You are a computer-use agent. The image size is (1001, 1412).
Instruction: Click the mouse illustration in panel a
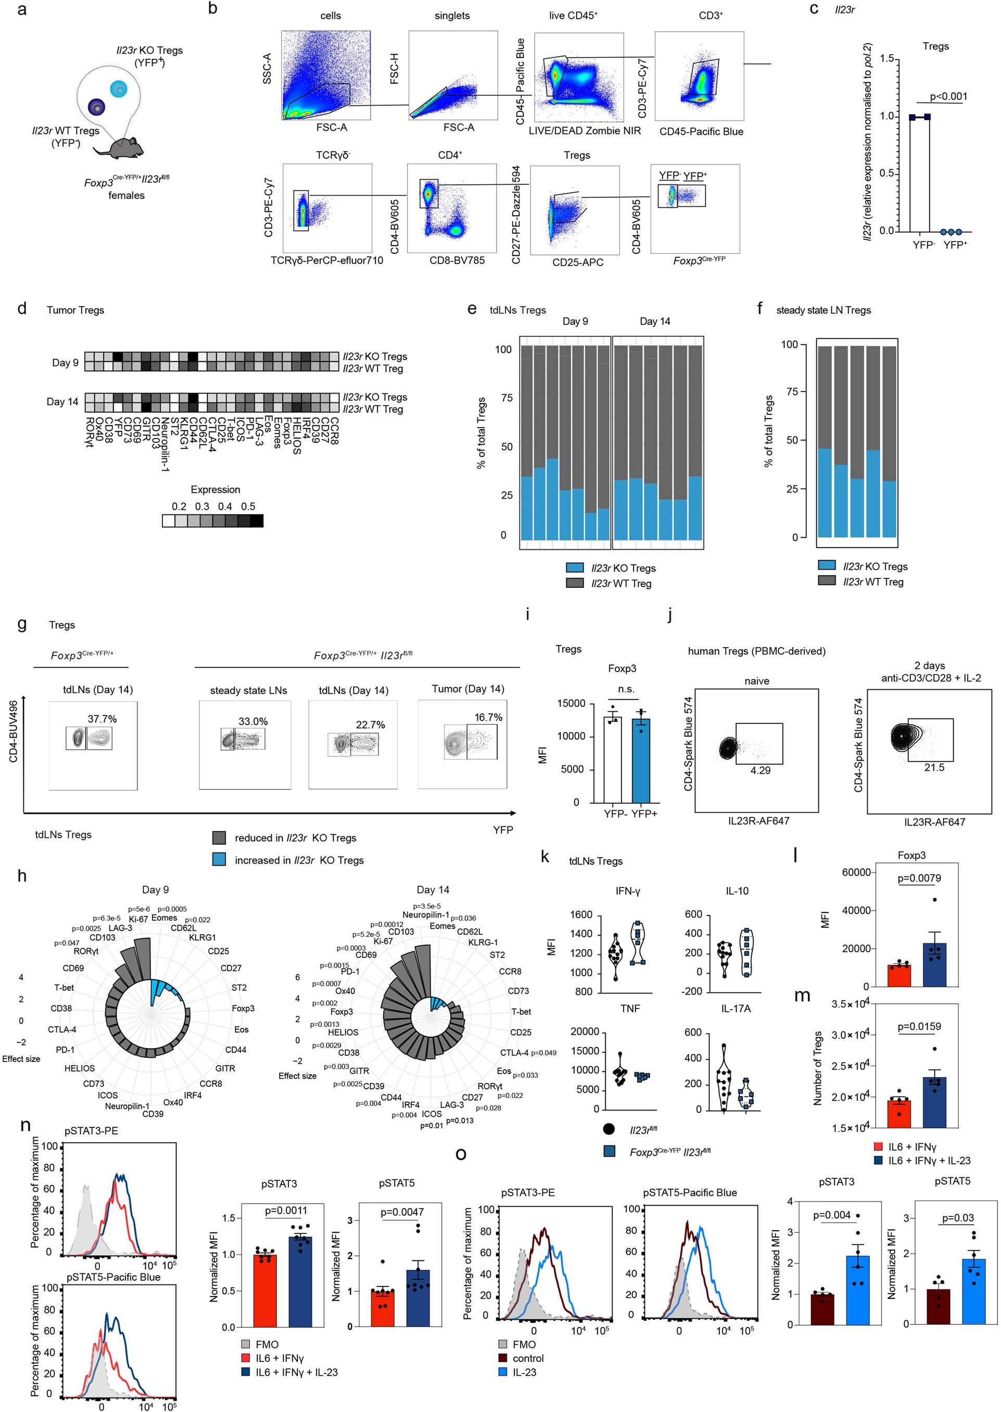coord(127,148)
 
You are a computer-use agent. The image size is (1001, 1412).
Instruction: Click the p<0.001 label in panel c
coord(948,96)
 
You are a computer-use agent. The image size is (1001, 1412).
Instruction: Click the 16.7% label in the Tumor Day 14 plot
coord(488,717)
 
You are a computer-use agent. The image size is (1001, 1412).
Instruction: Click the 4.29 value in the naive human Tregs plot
coord(760,770)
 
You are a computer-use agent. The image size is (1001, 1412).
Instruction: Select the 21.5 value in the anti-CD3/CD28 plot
coord(934,767)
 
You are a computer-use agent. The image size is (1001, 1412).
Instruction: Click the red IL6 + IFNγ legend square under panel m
coord(879,1147)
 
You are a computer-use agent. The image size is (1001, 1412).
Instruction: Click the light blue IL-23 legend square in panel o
coord(503,1372)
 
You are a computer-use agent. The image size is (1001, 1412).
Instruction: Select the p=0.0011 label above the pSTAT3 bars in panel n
coord(286,1211)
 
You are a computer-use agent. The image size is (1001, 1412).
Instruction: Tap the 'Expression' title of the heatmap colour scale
coord(215,489)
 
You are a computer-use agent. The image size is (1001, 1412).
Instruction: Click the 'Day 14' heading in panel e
coord(655,321)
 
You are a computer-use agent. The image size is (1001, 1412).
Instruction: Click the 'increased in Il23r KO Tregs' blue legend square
coord(219,860)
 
